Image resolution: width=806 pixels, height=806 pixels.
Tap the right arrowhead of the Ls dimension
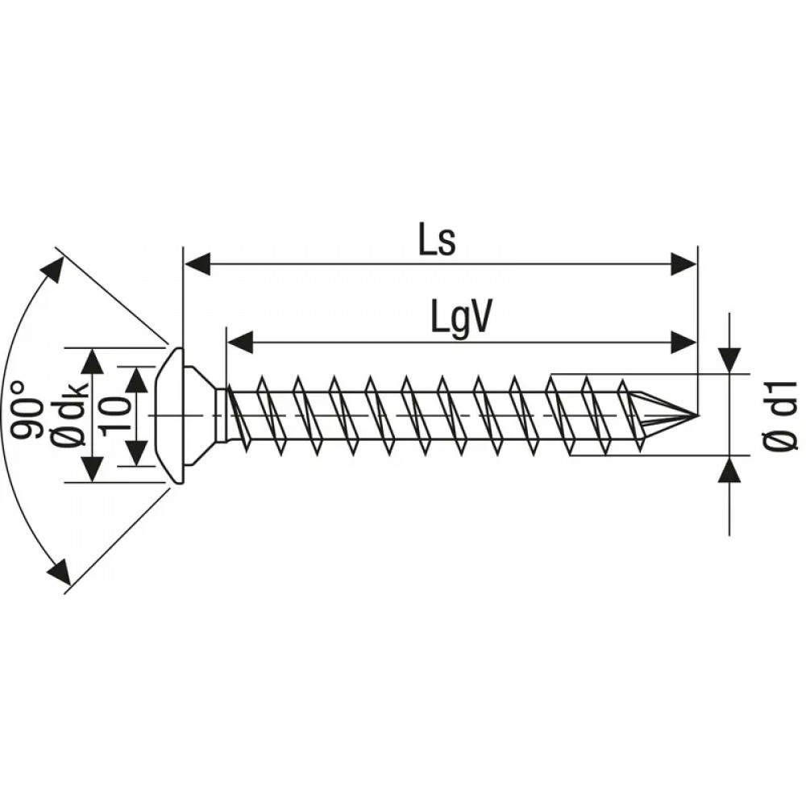(x=684, y=264)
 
